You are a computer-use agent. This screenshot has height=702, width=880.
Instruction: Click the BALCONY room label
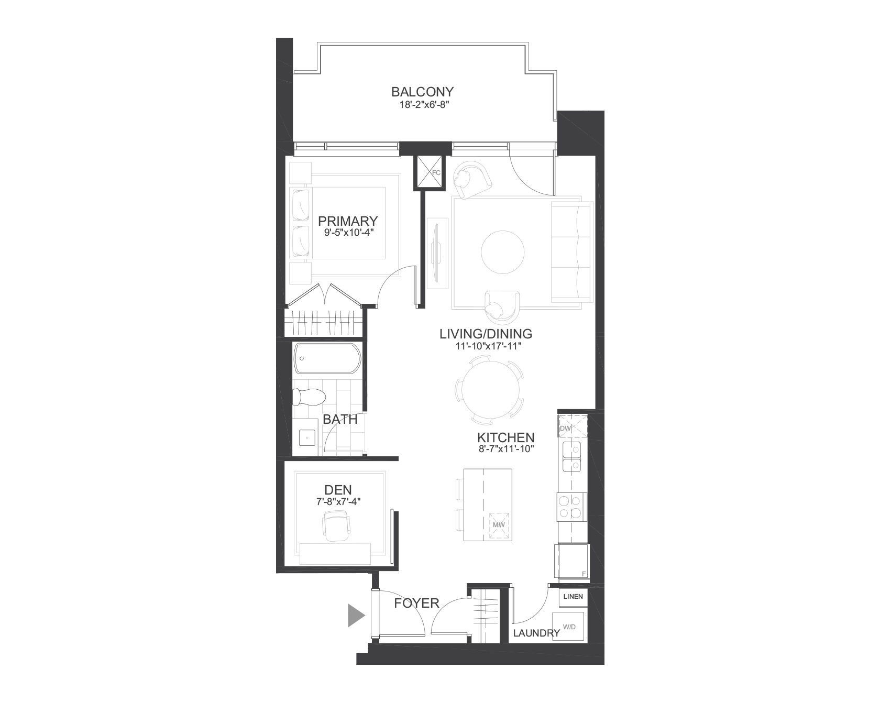click(x=422, y=92)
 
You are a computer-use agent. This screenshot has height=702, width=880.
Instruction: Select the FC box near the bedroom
click(x=429, y=172)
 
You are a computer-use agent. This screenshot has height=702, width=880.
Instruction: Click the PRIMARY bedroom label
click(x=348, y=221)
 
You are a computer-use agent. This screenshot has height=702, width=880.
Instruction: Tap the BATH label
click(x=340, y=419)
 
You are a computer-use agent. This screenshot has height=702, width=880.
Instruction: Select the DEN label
click(x=338, y=490)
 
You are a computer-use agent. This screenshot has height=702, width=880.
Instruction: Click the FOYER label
click(x=416, y=604)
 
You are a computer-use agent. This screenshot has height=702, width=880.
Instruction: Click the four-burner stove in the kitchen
click(x=571, y=506)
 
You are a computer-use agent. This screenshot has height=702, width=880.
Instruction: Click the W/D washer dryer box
click(x=570, y=627)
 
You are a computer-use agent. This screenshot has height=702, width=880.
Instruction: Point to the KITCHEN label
click(x=505, y=437)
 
